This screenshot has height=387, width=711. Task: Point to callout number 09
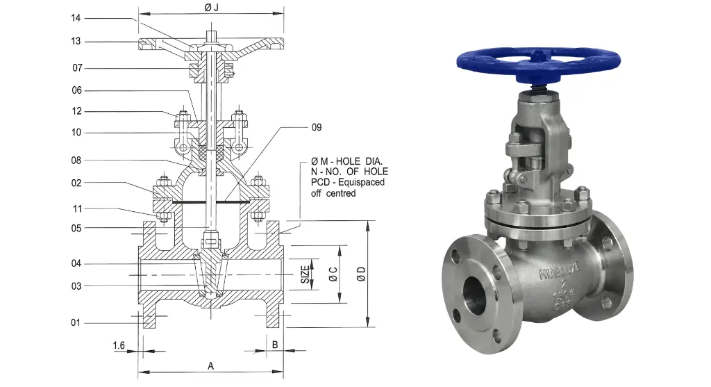(317, 127)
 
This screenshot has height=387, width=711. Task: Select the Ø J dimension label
(211, 7)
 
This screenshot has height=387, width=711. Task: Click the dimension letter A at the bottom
(210, 365)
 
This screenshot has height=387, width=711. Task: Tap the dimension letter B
(274, 345)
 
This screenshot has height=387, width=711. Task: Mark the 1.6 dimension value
(118, 345)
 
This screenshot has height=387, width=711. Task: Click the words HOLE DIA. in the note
(363, 160)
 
